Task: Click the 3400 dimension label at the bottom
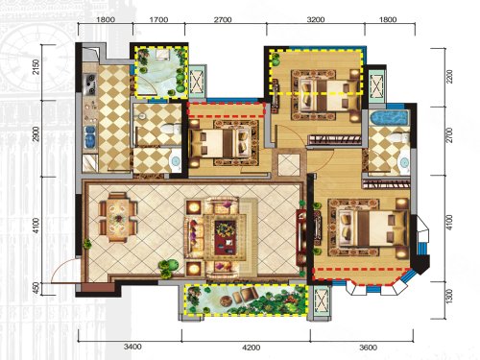pyautogui.click(x=132, y=347)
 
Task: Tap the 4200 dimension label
pyautogui.click(x=252, y=348)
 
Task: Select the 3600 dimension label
pyautogui.click(x=368, y=348)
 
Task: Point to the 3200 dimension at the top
pyautogui.click(x=316, y=20)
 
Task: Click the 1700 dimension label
pyautogui.click(x=158, y=20)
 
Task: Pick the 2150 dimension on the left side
pyautogui.click(x=37, y=66)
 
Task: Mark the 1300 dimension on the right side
pyautogui.click(x=449, y=297)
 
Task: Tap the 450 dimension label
pyautogui.click(x=37, y=288)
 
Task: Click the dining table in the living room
pyautogui.click(x=118, y=218)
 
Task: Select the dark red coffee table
pyautogui.click(x=225, y=237)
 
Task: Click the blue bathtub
pyautogui.click(x=389, y=118)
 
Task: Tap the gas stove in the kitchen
pyautogui.click(x=89, y=84)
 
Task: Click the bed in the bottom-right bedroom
pyautogui.click(x=372, y=228)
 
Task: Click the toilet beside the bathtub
pyautogui.click(x=401, y=137)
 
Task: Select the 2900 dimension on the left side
pyautogui.click(x=37, y=134)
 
